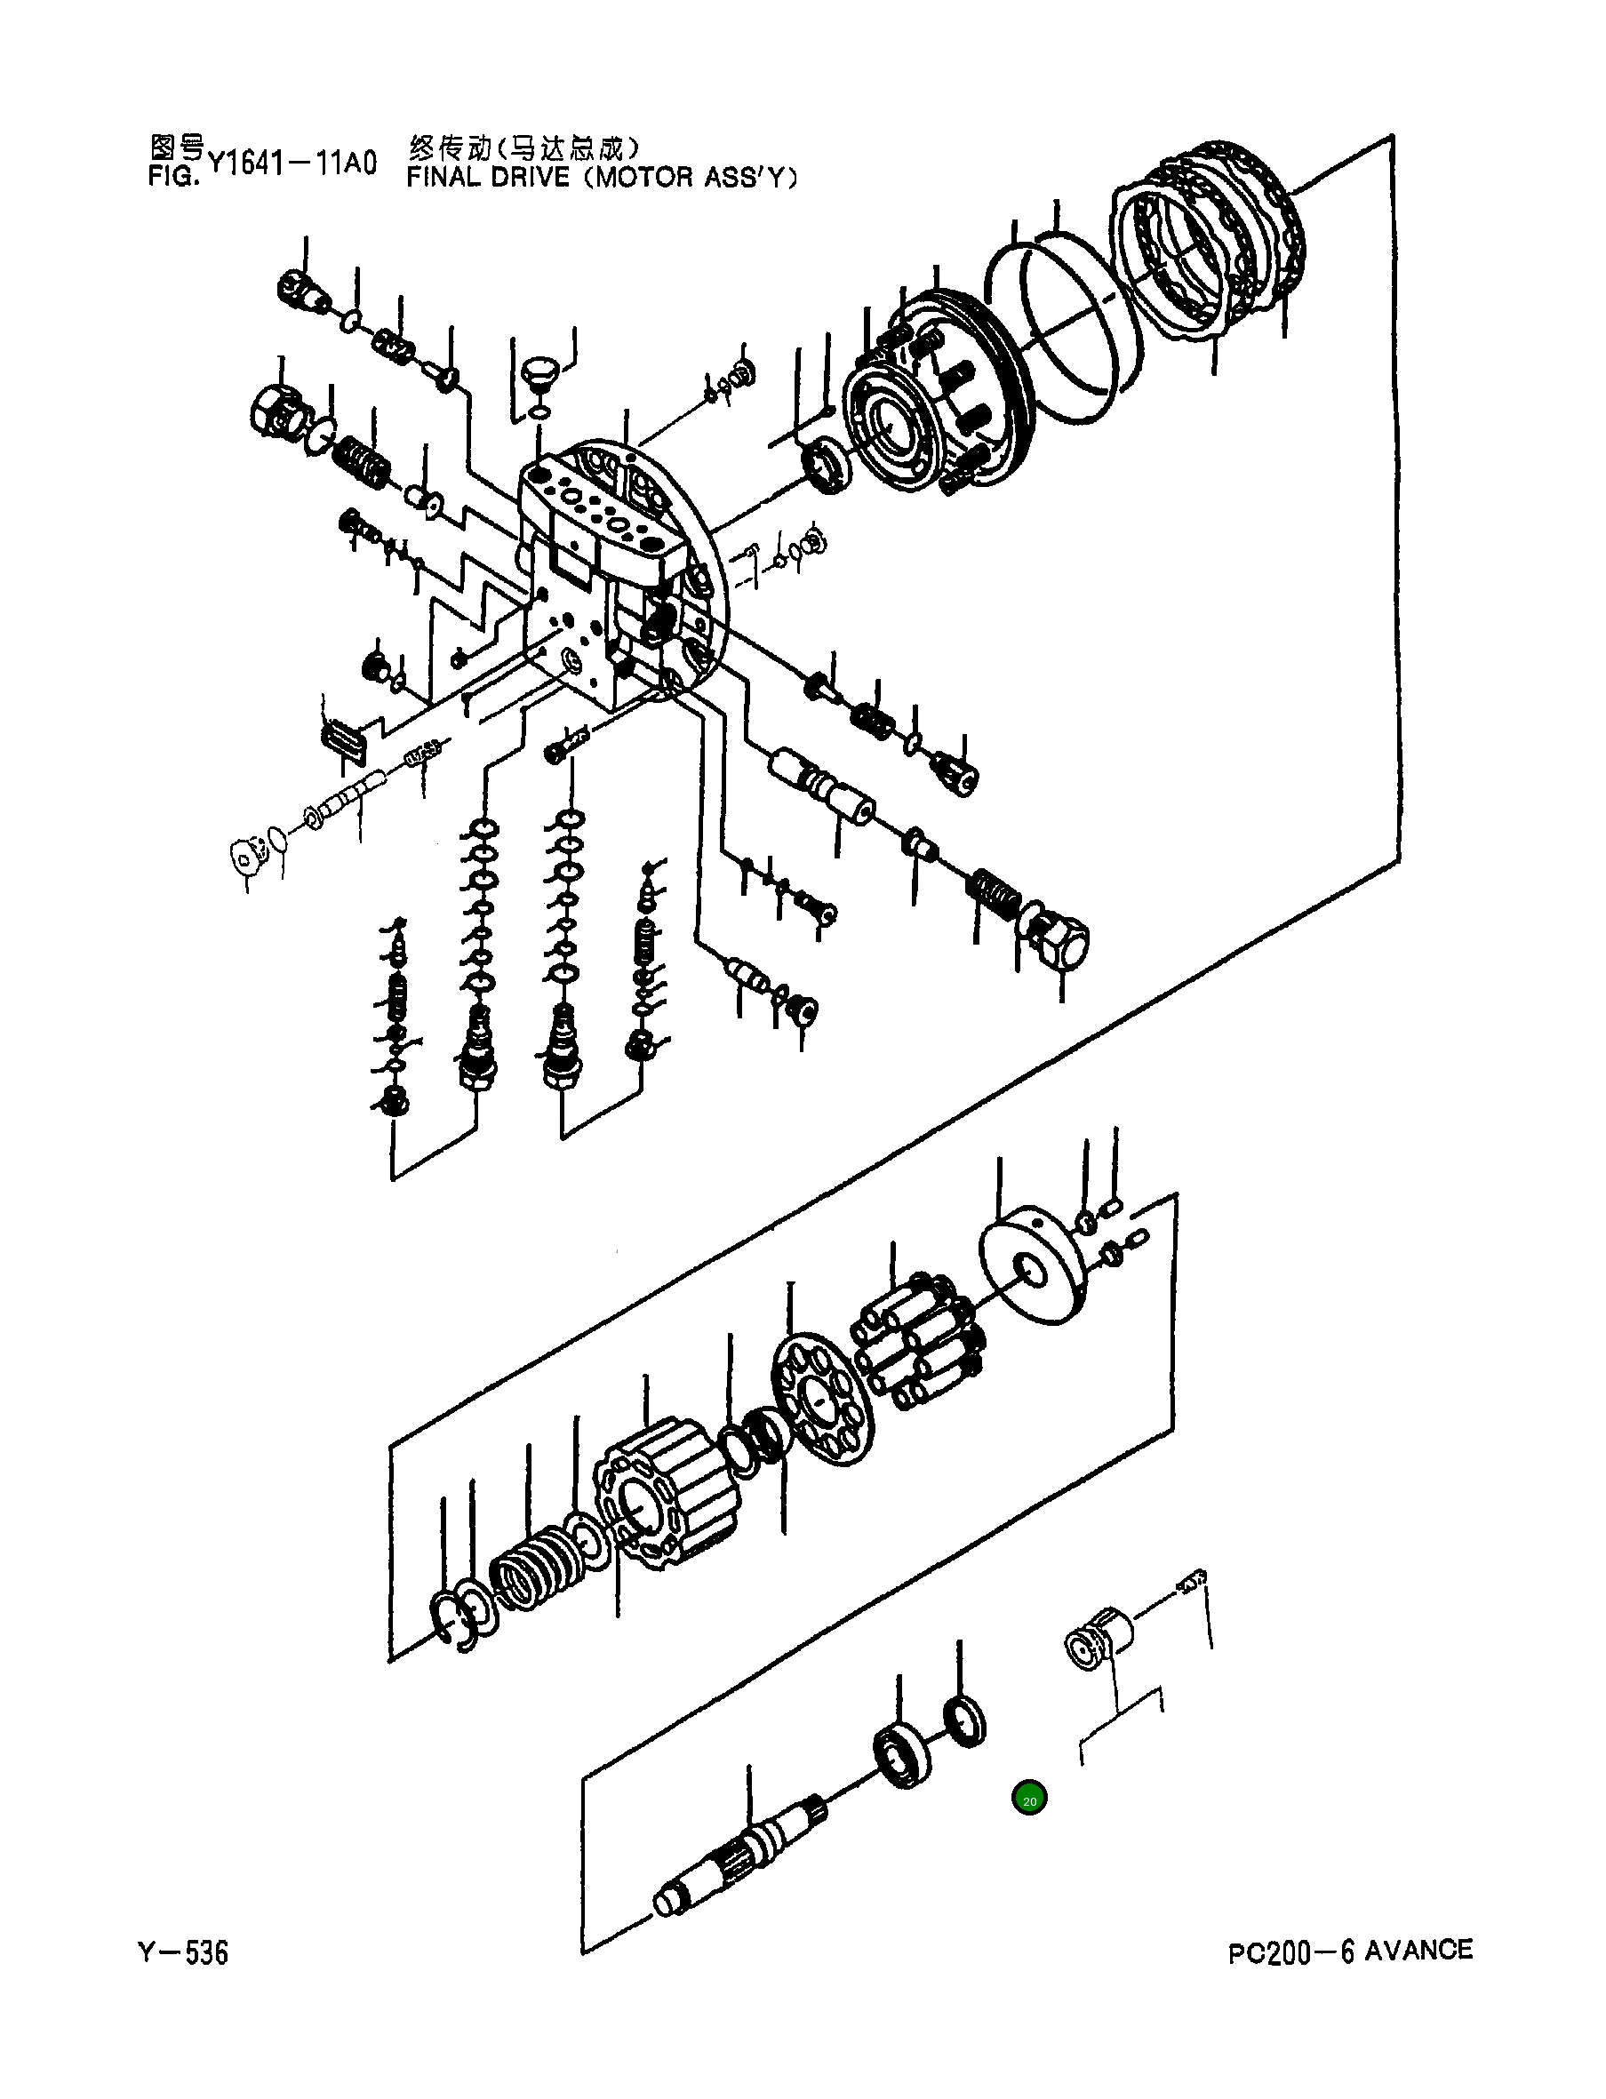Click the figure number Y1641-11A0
click(x=292, y=164)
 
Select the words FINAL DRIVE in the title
click(x=488, y=178)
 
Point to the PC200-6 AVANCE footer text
click(x=1350, y=1951)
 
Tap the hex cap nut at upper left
click(x=277, y=413)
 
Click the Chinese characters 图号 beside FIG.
click(x=177, y=148)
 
